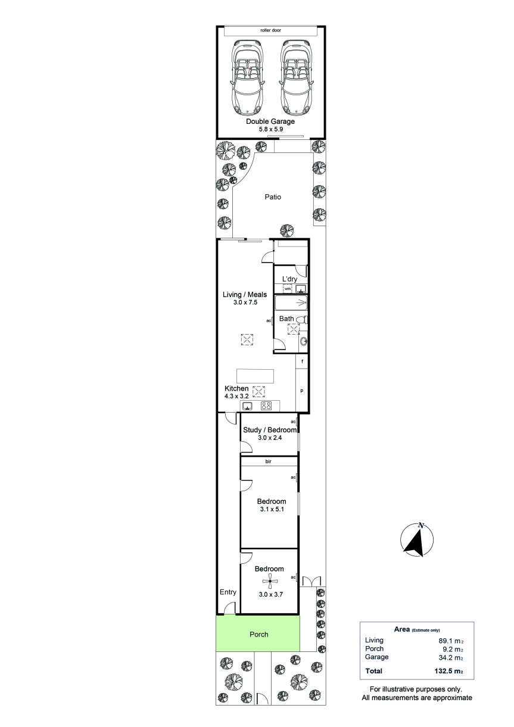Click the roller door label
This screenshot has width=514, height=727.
tap(270, 30)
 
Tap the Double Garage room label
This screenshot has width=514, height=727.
tap(270, 121)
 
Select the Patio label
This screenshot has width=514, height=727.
tap(273, 196)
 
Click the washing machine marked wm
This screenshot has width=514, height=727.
tap(288, 288)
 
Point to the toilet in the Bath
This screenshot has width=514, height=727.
tap(301, 320)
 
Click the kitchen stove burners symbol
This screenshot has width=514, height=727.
tap(266, 405)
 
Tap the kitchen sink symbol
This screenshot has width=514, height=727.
tap(248, 405)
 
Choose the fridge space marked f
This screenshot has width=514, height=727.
tap(302, 361)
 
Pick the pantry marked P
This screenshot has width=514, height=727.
tap(301, 391)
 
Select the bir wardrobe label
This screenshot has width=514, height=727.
tap(268, 461)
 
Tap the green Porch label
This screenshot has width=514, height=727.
tap(258, 634)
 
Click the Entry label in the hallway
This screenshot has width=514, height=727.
tap(228, 592)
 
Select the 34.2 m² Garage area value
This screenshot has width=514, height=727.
tap(451, 657)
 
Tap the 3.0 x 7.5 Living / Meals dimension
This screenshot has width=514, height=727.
tap(245, 302)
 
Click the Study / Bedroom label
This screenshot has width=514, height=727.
tap(270, 430)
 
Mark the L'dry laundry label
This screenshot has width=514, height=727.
tap(289, 279)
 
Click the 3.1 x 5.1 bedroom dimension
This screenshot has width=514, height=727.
tap(272, 509)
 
